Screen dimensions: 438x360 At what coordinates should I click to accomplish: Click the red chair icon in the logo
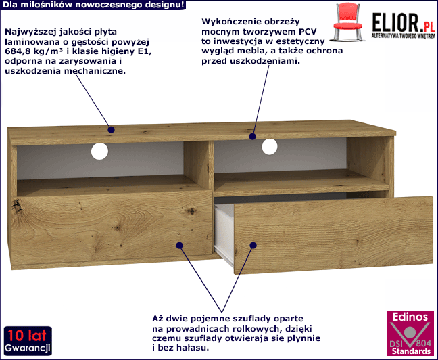click(x=348, y=22)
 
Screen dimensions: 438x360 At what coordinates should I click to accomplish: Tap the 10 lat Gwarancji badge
click(x=28, y=340)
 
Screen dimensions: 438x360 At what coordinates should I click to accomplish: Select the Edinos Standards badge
click(x=410, y=332)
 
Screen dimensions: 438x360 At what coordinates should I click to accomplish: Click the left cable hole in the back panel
click(x=99, y=152)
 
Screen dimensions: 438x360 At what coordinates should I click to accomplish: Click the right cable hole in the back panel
click(x=270, y=147)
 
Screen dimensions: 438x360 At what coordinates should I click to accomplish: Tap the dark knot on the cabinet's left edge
click(x=18, y=206)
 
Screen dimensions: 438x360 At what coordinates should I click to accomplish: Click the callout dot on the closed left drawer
click(x=179, y=246)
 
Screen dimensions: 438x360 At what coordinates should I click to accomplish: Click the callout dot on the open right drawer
click(x=253, y=246)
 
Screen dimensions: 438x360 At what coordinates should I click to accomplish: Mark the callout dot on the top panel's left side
click(x=111, y=129)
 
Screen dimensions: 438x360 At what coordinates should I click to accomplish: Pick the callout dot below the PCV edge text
click(x=252, y=137)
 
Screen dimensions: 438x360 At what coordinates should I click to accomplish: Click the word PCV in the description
click(x=308, y=31)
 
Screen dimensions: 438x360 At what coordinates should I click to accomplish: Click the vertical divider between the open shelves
click(x=199, y=165)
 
